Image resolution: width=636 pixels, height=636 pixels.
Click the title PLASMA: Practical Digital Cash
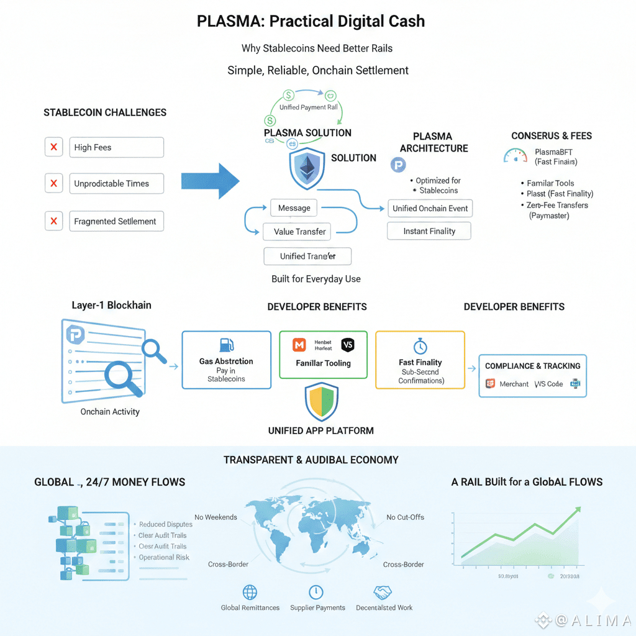(311, 21)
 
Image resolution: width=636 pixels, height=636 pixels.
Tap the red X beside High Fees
(54, 147)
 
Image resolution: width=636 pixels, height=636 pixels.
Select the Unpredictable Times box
(117, 184)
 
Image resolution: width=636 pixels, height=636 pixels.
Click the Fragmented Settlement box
(117, 221)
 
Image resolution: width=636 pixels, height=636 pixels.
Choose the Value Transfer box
(300, 232)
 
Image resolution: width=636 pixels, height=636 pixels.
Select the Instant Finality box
(429, 231)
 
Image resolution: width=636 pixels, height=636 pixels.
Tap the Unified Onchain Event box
(430, 209)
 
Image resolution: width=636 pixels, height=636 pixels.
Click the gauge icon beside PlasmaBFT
(515, 155)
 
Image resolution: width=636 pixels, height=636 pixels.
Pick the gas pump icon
(226, 345)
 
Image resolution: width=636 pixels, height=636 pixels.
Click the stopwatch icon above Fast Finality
(420, 346)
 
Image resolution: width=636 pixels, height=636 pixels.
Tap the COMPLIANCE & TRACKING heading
(532, 366)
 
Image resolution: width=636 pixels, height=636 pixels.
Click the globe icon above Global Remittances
(250, 592)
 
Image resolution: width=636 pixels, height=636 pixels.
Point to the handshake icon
(383, 592)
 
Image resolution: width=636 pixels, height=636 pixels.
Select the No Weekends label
(216, 517)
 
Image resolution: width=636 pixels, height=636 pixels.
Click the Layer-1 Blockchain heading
(111, 305)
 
